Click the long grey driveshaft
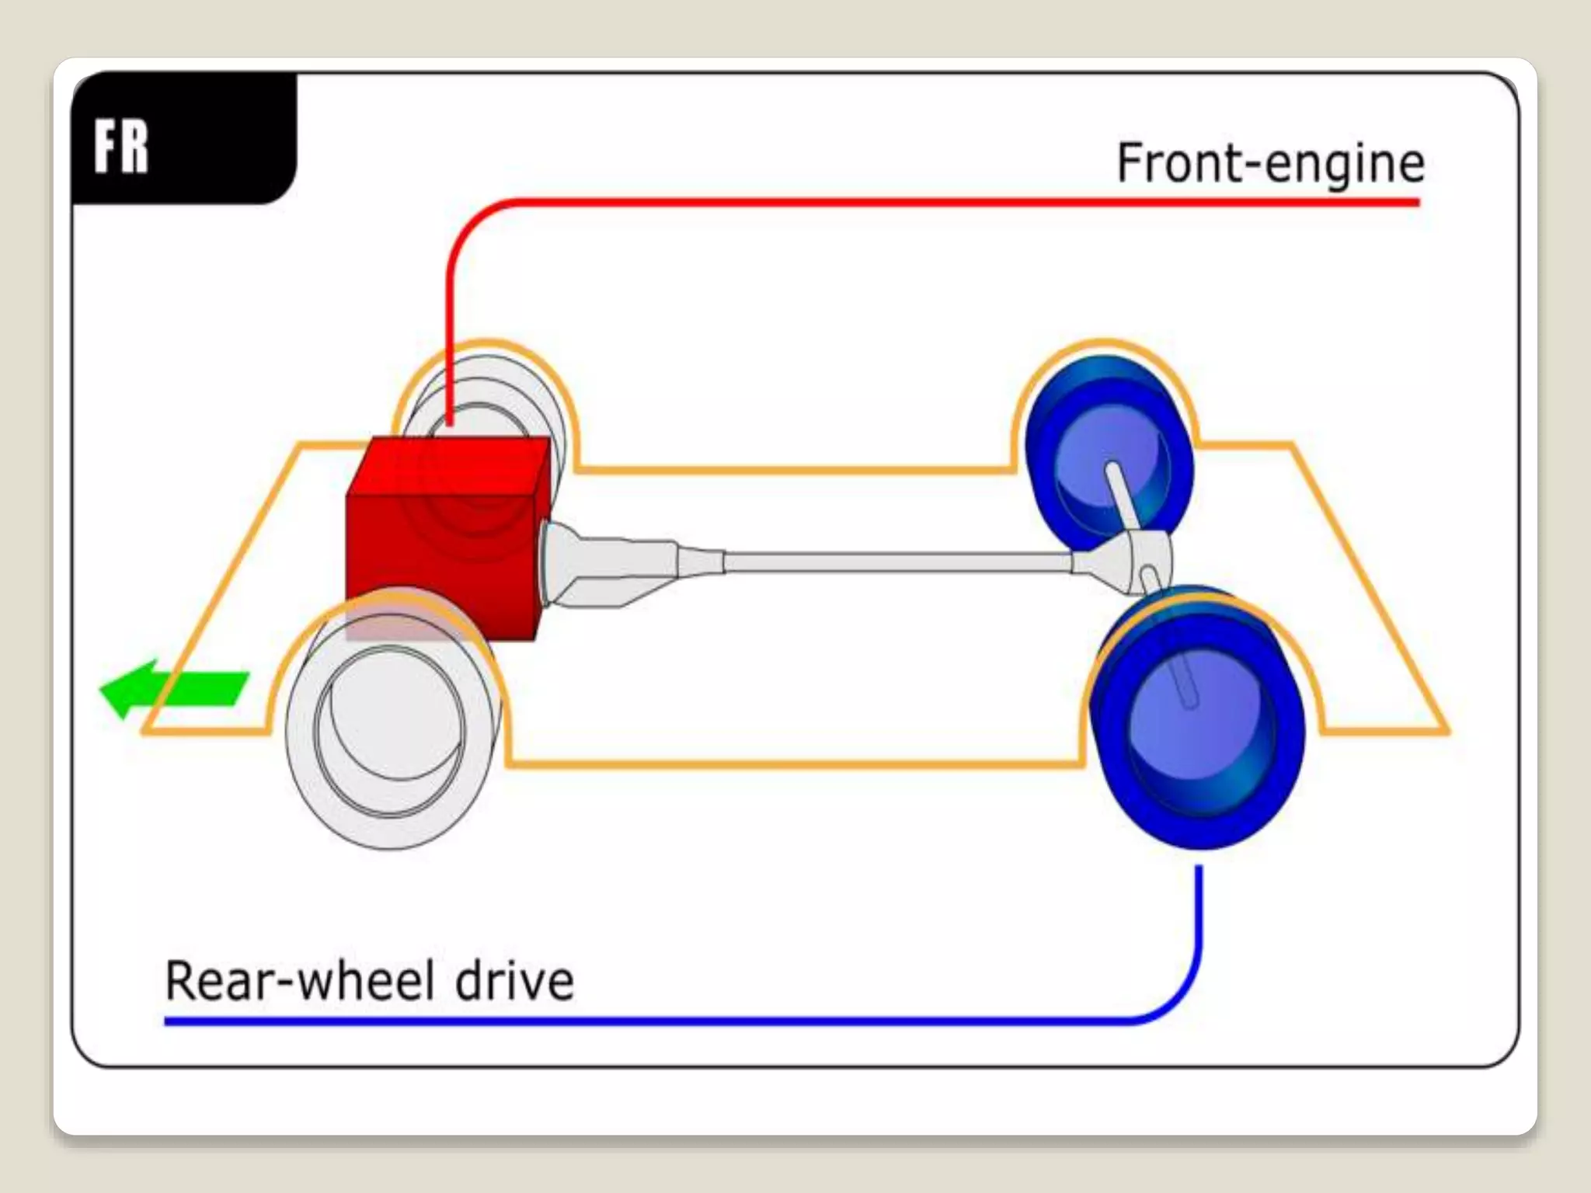[x=893, y=561]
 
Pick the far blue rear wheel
[x=1107, y=450]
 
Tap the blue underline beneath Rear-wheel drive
[x=621, y=1021]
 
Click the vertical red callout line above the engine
[x=449, y=326]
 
